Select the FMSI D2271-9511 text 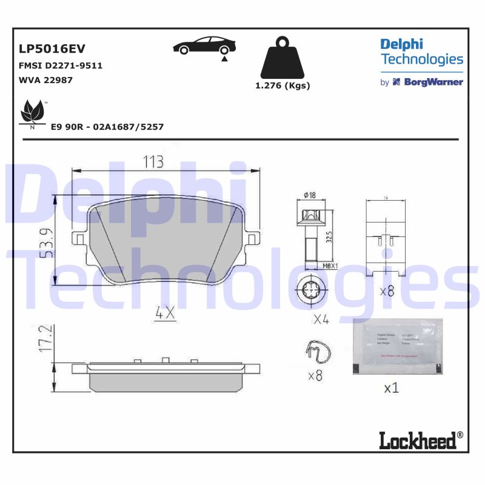tap(61, 65)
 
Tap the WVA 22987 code tap(46, 80)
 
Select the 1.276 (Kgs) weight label tap(283, 85)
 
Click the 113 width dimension tap(153, 162)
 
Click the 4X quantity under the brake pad tap(164, 313)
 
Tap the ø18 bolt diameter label tap(309, 195)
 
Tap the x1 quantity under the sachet tap(392, 387)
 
